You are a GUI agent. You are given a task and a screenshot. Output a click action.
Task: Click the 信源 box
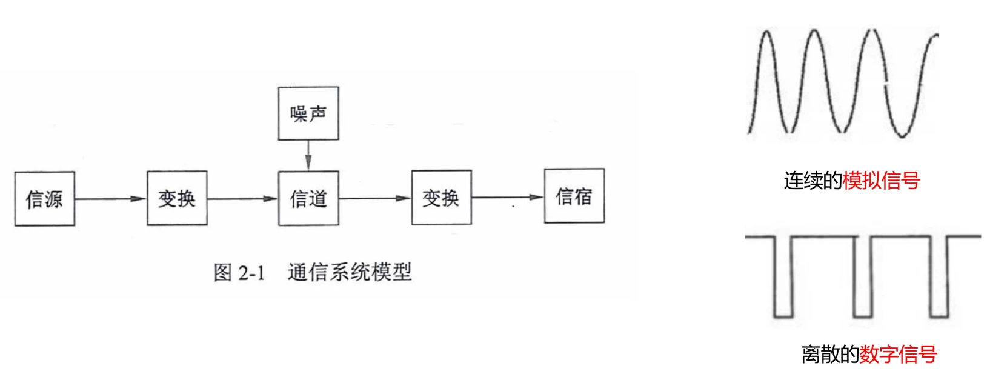(x=45, y=199)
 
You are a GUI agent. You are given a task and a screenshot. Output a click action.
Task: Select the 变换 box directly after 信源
(x=177, y=198)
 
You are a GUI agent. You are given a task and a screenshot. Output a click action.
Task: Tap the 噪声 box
(x=308, y=113)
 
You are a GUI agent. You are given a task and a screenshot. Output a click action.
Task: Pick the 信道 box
(x=308, y=198)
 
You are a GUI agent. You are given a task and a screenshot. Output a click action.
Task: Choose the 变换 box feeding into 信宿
(x=441, y=198)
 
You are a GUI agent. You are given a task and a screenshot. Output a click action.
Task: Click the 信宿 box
(x=574, y=196)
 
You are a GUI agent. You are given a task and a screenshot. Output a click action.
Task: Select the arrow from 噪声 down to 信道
(x=308, y=155)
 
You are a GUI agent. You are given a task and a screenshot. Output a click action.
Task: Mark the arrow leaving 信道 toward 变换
(x=374, y=198)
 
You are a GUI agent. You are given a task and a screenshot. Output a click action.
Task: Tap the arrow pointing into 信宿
(x=508, y=197)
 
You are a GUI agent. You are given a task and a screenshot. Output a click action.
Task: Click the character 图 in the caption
(x=223, y=273)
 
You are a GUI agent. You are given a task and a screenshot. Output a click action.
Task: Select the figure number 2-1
(x=251, y=273)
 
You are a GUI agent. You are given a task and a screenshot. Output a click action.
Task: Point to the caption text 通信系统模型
(x=350, y=272)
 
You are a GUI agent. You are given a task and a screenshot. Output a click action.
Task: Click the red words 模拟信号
(x=881, y=181)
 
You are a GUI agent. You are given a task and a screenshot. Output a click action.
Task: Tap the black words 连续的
(x=813, y=181)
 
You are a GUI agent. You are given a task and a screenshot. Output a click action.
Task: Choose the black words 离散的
(x=829, y=354)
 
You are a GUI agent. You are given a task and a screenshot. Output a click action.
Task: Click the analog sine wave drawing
(x=842, y=82)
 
